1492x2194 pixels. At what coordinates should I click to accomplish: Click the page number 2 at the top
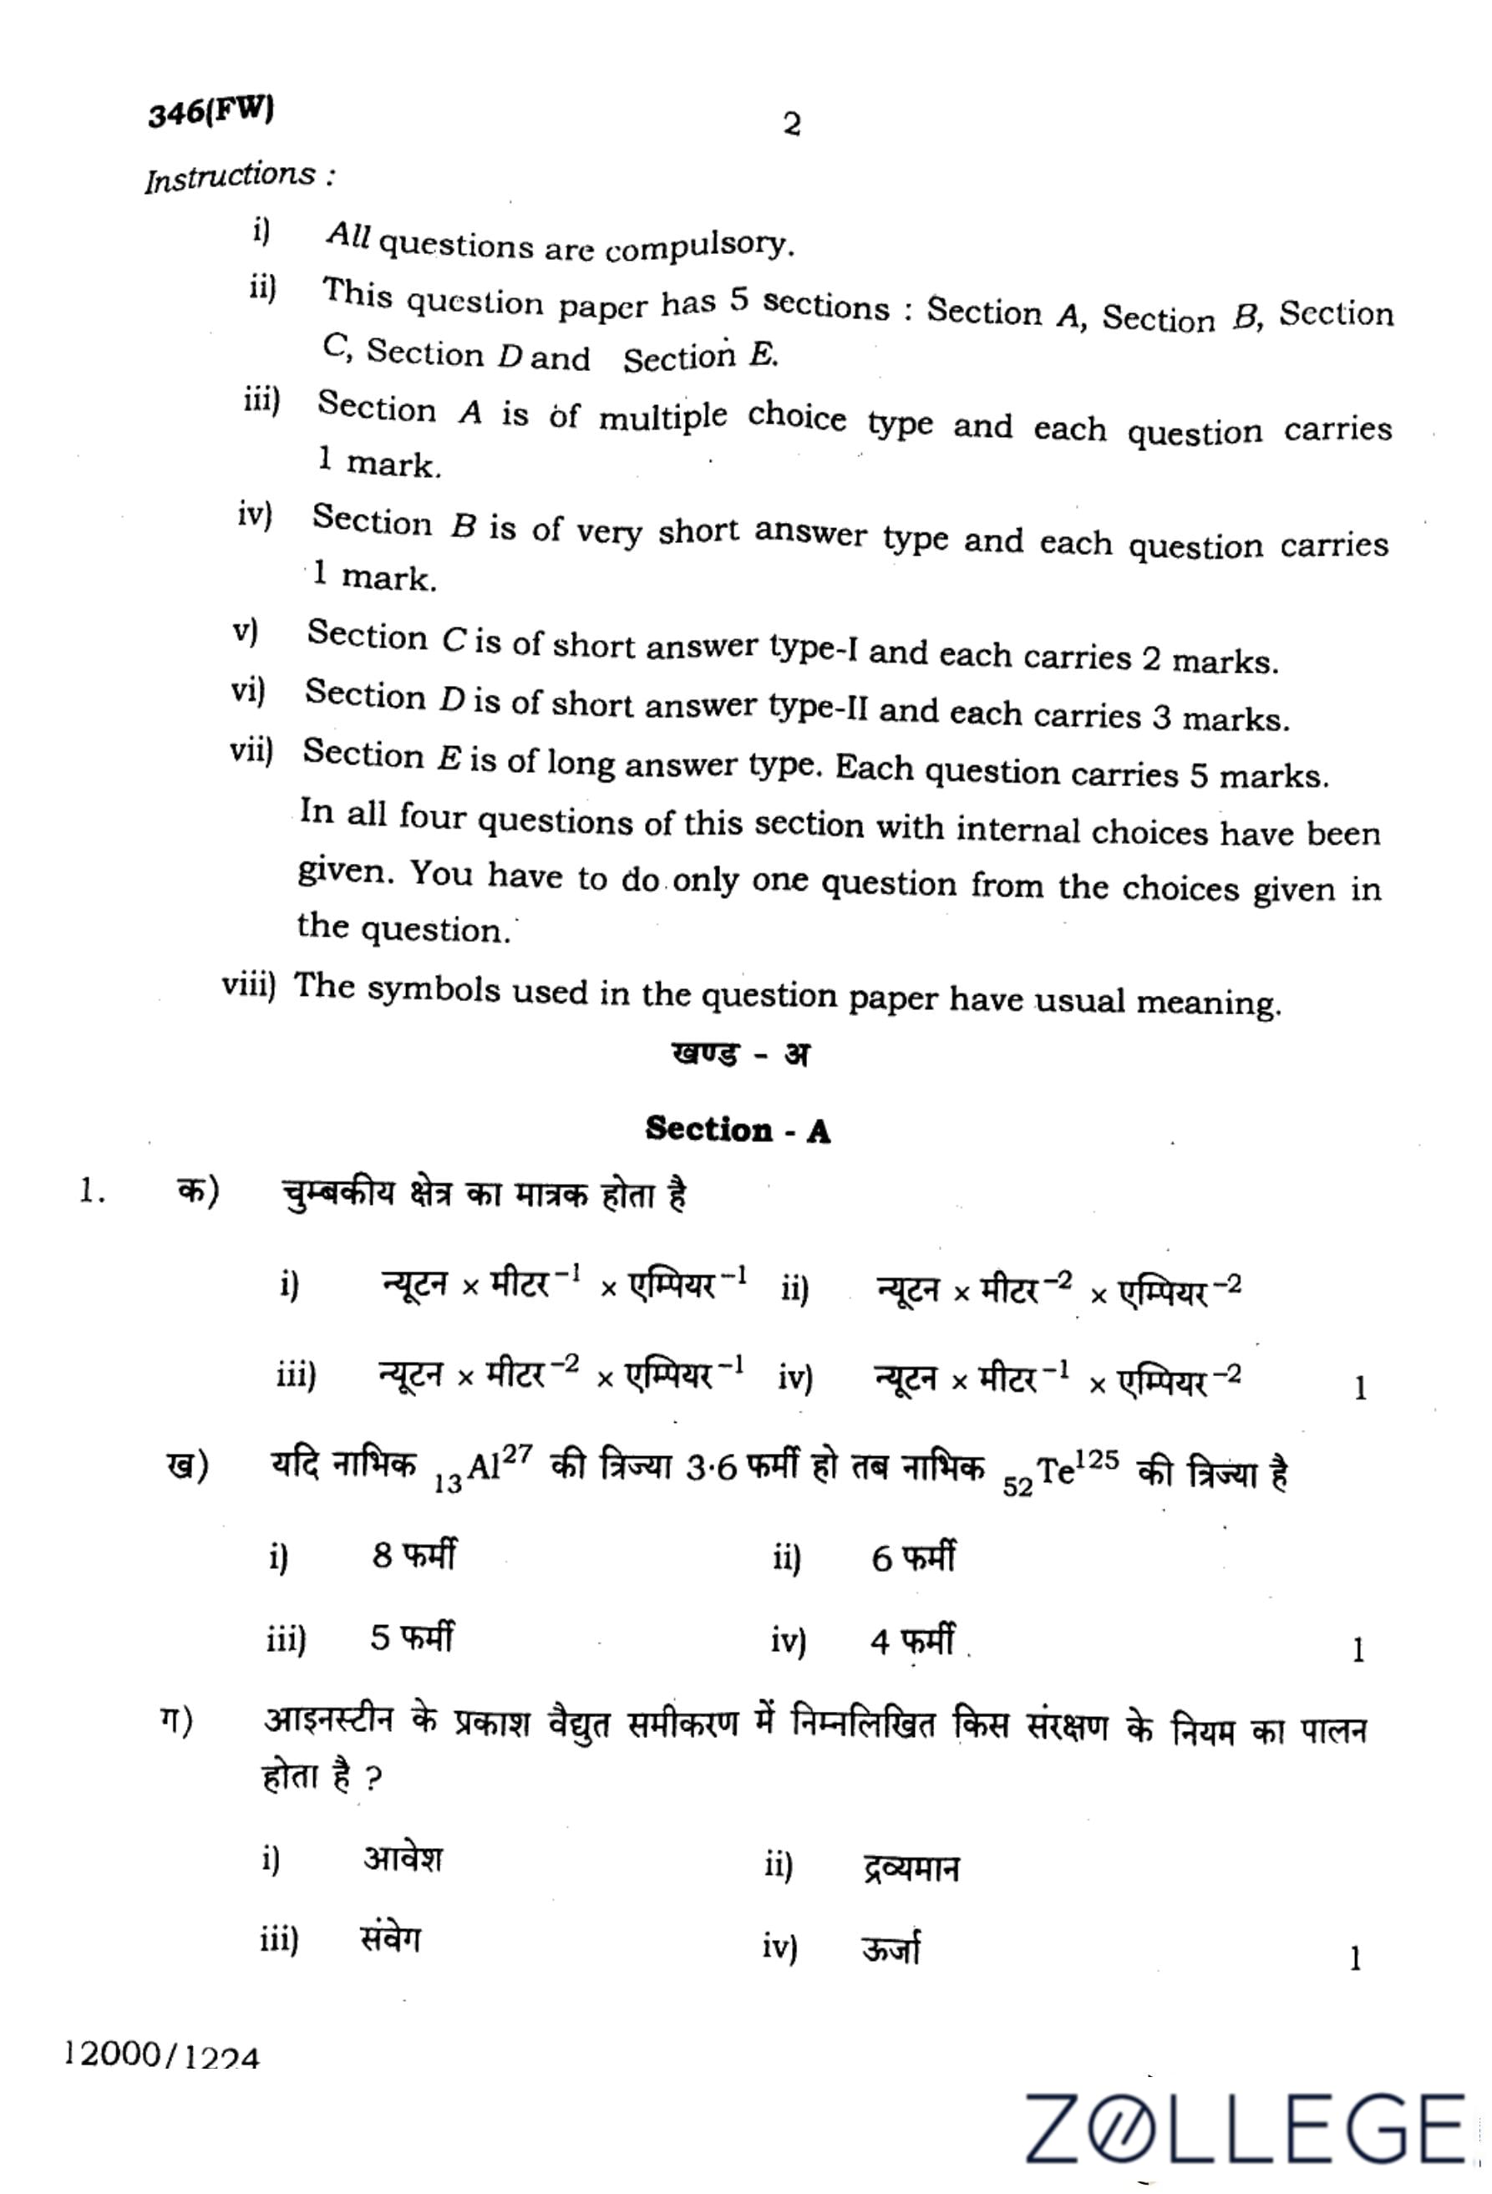pyautogui.click(x=792, y=124)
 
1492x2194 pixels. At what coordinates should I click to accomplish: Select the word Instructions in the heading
pyautogui.click(x=231, y=176)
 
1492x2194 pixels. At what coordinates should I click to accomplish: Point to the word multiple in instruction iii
pyautogui.click(x=662, y=416)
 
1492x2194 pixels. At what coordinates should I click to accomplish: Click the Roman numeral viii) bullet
pyautogui.click(x=248, y=985)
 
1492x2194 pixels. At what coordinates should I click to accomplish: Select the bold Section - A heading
pyautogui.click(x=738, y=1129)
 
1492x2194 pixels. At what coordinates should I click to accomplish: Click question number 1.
pyautogui.click(x=92, y=1192)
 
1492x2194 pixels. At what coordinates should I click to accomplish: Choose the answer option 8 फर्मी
pyautogui.click(x=413, y=1555)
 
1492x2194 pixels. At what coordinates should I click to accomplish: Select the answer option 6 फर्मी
pyautogui.click(x=911, y=1557)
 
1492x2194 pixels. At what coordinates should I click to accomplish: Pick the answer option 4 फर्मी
pyautogui.click(x=911, y=1642)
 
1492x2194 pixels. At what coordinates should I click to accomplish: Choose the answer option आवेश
pyautogui.click(x=403, y=1859)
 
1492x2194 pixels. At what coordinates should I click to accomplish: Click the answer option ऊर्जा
pyautogui.click(x=890, y=1948)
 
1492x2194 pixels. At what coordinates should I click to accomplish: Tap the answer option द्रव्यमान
pyautogui.click(x=911, y=1867)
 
